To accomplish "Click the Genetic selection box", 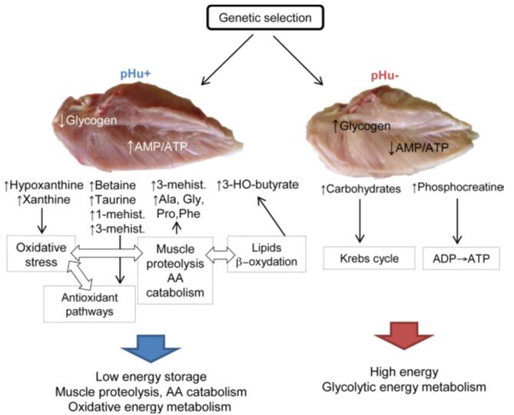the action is (x=265, y=18).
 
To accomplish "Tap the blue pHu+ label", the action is (x=135, y=74).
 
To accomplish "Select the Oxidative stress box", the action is (x=41, y=254).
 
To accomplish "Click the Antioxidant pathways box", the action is (x=89, y=304).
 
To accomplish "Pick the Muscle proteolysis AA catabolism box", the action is (x=175, y=270).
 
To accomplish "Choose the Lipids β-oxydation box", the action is (x=267, y=254).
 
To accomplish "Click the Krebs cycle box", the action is (x=369, y=258).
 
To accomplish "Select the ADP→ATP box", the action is (x=461, y=258).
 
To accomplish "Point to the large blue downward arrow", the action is (x=151, y=348).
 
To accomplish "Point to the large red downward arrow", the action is (x=404, y=335).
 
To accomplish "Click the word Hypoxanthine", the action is (x=47, y=185).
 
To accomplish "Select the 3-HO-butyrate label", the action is (x=260, y=184).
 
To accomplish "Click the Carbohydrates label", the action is (x=363, y=189).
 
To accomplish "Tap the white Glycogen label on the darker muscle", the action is (x=91, y=121).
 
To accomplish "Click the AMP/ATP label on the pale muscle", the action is (x=422, y=148).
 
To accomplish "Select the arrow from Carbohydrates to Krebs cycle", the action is (x=360, y=221).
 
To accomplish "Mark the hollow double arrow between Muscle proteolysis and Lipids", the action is (x=221, y=254).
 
